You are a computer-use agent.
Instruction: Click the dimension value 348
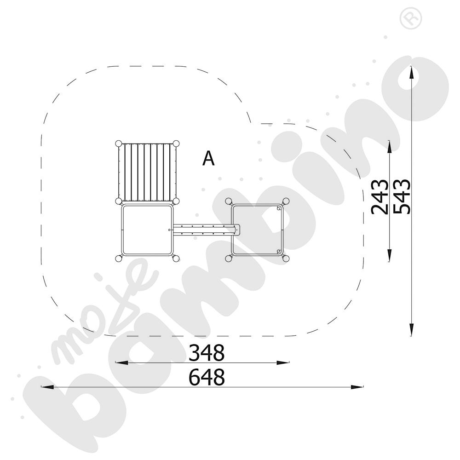(x=207, y=353)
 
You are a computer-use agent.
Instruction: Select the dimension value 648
(x=207, y=377)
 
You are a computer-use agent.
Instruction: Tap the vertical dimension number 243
(x=379, y=197)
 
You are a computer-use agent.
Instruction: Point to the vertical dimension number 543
(x=402, y=196)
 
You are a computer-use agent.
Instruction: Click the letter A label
(x=208, y=159)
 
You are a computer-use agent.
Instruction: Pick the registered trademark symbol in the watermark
(x=411, y=18)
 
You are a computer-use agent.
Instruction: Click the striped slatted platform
(x=147, y=172)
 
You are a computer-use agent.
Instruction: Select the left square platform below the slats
(x=147, y=230)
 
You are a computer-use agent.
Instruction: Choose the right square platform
(x=257, y=230)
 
